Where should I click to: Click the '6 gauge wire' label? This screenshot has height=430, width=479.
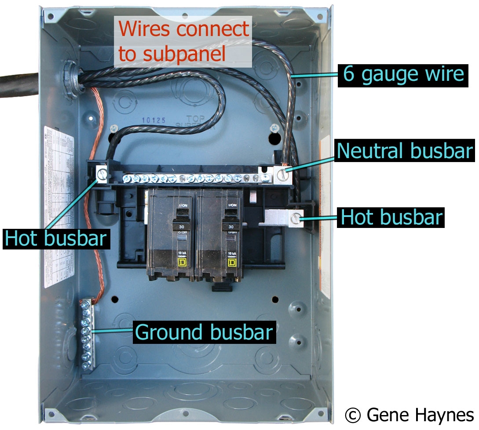(403, 74)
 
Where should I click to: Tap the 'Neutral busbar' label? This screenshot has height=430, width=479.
(404, 151)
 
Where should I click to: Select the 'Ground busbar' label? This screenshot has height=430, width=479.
(204, 332)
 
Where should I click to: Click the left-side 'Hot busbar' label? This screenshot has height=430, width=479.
(56, 238)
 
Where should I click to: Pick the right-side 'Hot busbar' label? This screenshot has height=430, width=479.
(391, 217)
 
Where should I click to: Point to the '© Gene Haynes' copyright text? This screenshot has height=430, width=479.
(410, 415)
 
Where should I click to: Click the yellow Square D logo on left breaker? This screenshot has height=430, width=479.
(181, 263)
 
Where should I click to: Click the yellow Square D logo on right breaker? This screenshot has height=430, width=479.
(231, 263)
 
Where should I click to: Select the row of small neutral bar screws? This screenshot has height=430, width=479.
(194, 178)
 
